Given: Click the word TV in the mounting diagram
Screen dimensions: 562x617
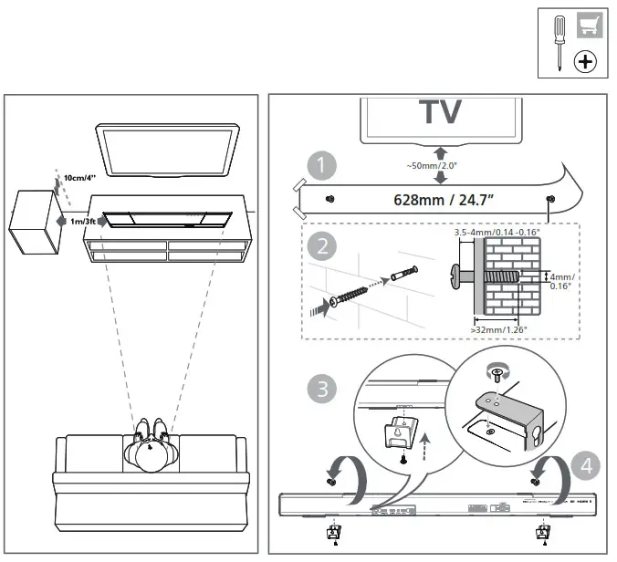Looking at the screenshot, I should (x=440, y=112).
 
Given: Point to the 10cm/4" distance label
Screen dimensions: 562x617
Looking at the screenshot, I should (x=79, y=178).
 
